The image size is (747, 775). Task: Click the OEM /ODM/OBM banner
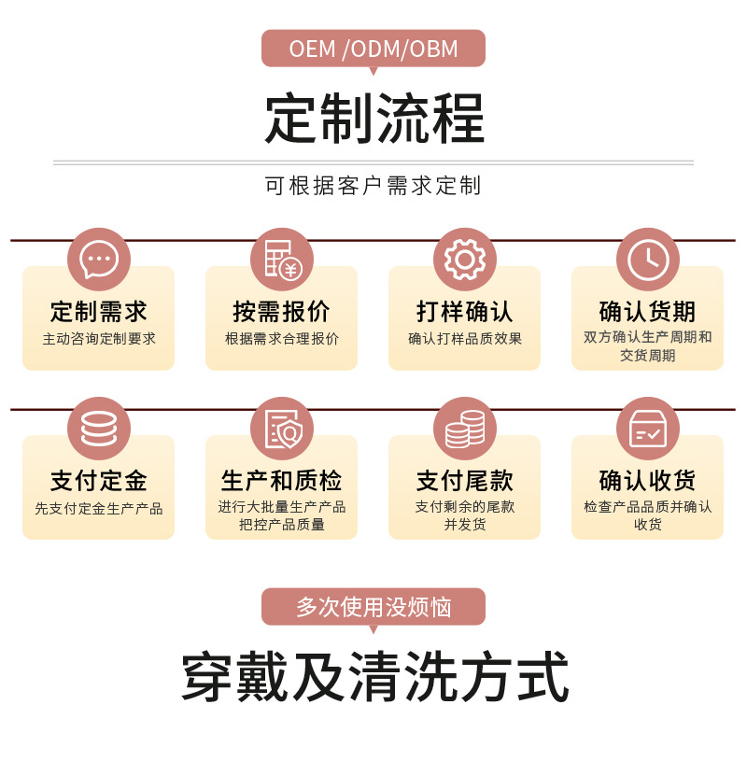(x=373, y=49)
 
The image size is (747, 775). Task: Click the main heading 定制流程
(x=373, y=119)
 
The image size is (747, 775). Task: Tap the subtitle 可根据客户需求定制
(x=373, y=186)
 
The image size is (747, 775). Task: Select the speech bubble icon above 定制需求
(x=98, y=259)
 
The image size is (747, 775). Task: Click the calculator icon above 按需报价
(x=281, y=259)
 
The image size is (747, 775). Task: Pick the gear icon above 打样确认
(x=464, y=259)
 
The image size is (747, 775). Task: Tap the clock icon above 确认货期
(x=647, y=259)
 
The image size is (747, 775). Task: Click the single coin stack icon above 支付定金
(x=98, y=428)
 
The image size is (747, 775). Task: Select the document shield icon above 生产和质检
(x=281, y=428)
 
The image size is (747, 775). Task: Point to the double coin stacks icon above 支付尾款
(x=464, y=428)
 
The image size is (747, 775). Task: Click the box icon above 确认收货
(x=647, y=428)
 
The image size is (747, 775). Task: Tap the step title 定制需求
(x=98, y=312)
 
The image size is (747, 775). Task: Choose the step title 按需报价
(x=281, y=312)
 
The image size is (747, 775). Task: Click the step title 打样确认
(x=464, y=312)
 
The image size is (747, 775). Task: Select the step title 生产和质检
(x=281, y=481)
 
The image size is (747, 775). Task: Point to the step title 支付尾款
(x=464, y=481)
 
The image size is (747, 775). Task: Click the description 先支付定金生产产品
(x=98, y=509)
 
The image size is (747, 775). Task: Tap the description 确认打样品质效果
(x=464, y=339)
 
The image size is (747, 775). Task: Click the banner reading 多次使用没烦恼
(x=373, y=607)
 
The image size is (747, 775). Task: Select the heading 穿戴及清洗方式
(x=373, y=678)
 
